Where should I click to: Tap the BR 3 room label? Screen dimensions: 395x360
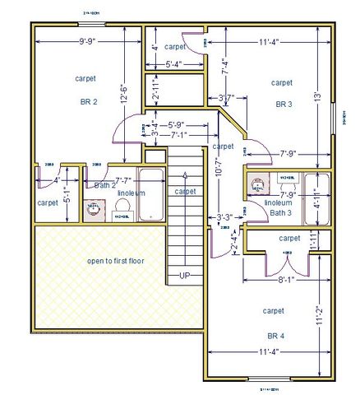coord(284,105)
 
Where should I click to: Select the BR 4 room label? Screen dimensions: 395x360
coord(275,337)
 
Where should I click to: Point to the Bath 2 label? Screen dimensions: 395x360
coord(105,186)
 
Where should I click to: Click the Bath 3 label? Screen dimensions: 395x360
coord(280,212)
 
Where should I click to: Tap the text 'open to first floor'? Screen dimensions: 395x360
coord(115,261)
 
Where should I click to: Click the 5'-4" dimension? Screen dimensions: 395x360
coord(173,64)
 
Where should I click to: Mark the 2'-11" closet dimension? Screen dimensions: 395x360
coord(155,88)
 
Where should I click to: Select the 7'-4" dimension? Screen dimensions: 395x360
coord(226,67)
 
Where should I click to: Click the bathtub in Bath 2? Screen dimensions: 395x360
coord(152,195)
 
